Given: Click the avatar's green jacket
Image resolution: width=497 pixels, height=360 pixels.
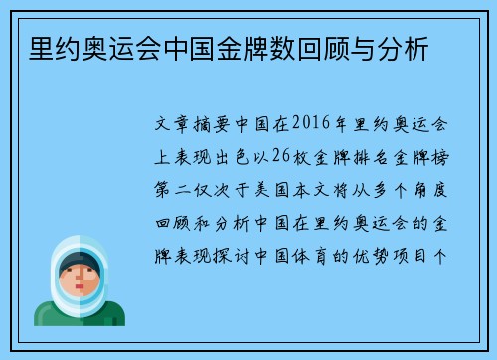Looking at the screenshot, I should point(75,315).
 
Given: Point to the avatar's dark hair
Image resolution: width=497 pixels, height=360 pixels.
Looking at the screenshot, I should point(75,260).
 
